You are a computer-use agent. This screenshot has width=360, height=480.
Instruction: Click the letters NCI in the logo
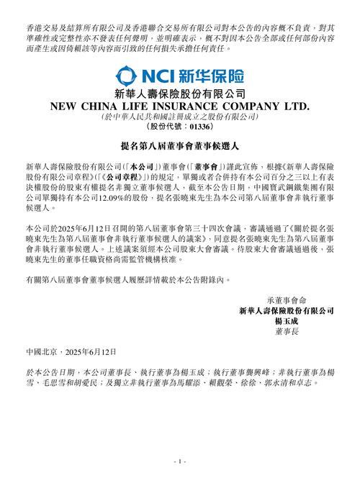(x=156, y=75)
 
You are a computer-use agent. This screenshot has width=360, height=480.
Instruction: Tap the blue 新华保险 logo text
(x=210, y=75)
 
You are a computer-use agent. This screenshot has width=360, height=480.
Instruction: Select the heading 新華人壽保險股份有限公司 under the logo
(x=180, y=94)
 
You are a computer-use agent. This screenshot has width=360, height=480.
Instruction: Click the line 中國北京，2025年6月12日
(x=75, y=353)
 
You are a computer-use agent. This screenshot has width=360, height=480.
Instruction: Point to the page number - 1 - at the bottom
(x=180, y=460)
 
